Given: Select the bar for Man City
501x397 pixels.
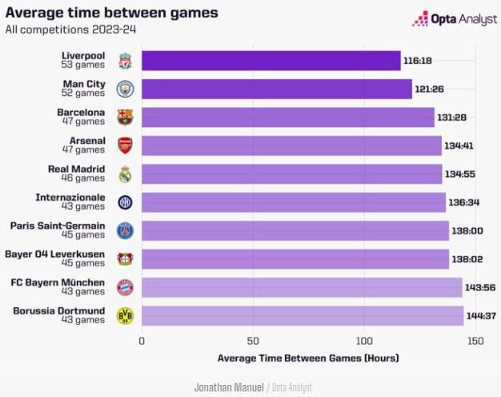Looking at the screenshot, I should [x=276, y=89].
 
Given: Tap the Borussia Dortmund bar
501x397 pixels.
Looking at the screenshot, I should [x=303, y=315].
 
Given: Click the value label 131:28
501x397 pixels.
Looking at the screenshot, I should [x=451, y=118].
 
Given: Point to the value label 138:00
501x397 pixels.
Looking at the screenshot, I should [x=466, y=231].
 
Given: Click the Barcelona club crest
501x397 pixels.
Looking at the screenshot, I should [x=125, y=118].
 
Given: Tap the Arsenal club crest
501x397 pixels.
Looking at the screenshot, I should [x=125, y=146].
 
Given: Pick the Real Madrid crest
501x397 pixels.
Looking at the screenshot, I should [x=125, y=174].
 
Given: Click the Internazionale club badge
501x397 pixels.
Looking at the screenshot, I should [x=125, y=203].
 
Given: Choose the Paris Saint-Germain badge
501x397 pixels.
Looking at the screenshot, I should [x=125, y=231].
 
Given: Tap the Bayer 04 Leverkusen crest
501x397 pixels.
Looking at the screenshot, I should [x=125, y=259].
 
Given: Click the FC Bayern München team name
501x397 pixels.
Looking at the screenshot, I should [x=58, y=283].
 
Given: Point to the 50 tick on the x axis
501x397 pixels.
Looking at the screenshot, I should [x=254, y=341].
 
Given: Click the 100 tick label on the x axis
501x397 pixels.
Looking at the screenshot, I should [x=365, y=341].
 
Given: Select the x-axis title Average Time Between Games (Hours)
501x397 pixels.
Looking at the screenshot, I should [x=307, y=358].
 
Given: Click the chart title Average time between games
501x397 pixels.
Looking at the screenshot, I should [x=111, y=13].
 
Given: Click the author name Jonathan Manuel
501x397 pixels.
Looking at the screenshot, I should [x=229, y=387].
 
